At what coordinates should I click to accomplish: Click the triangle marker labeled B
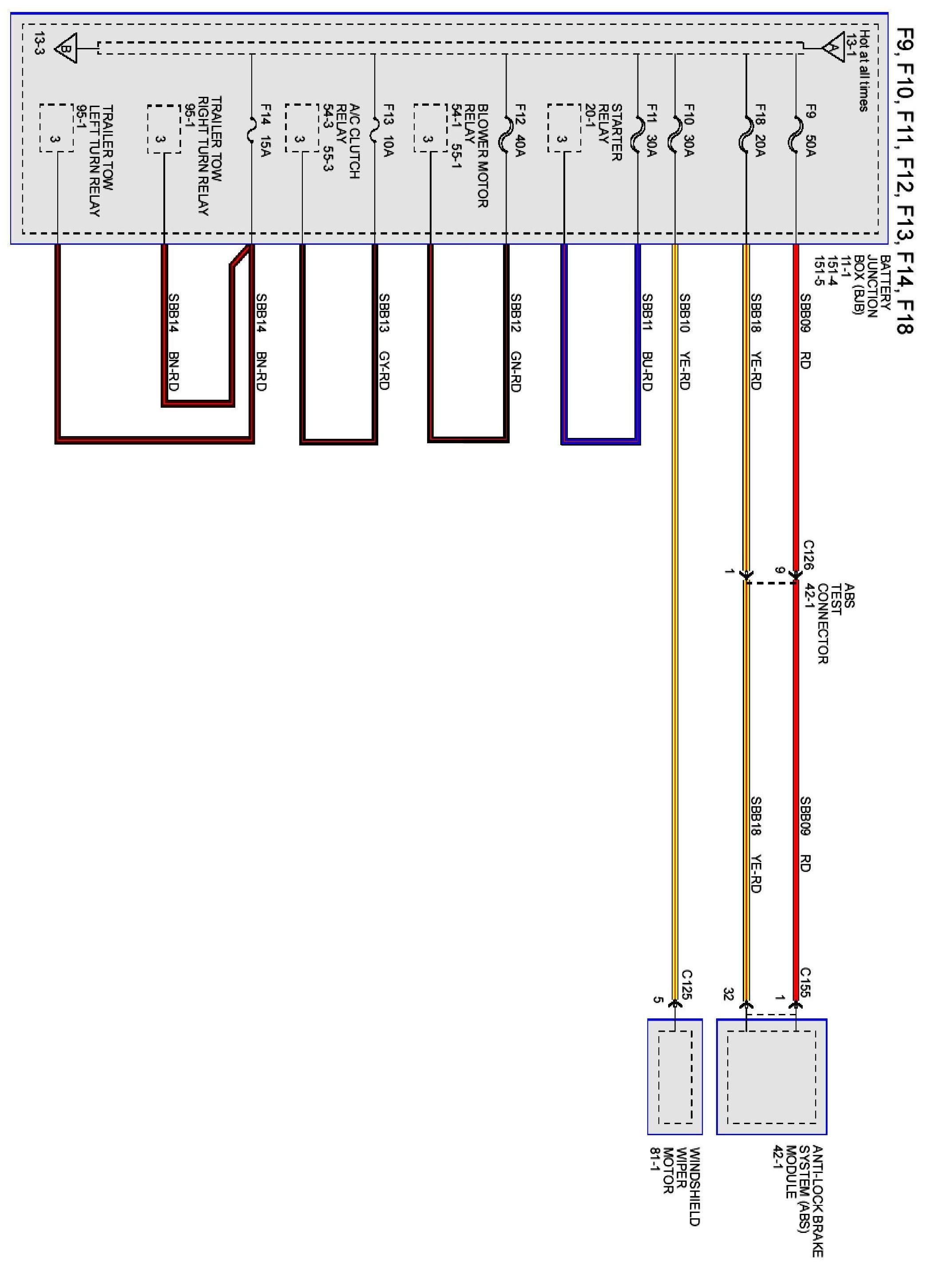pyautogui.click(x=66, y=48)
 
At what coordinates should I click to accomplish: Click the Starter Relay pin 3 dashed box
pyautogui.click(x=564, y=128)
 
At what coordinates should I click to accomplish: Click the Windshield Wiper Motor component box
pyautogui.click(x=674, y=1076)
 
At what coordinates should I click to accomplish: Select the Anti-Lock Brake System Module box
pyautogui.click(x=771, y=1076)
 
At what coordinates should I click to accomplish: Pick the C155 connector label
pyautogui.click(x=805, y=982)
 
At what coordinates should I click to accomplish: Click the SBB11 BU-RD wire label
pyautogui.click(x=647, y=342)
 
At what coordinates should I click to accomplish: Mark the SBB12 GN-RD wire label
pyautogui.click(x=516, y=342)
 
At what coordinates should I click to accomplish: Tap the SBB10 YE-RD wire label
pyautogui.click(x=684, y=342)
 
